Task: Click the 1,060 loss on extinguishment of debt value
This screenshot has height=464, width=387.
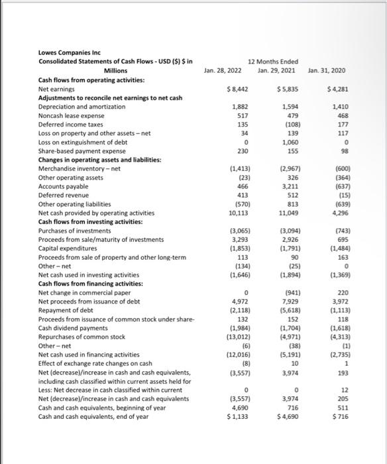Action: coord(291,141)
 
